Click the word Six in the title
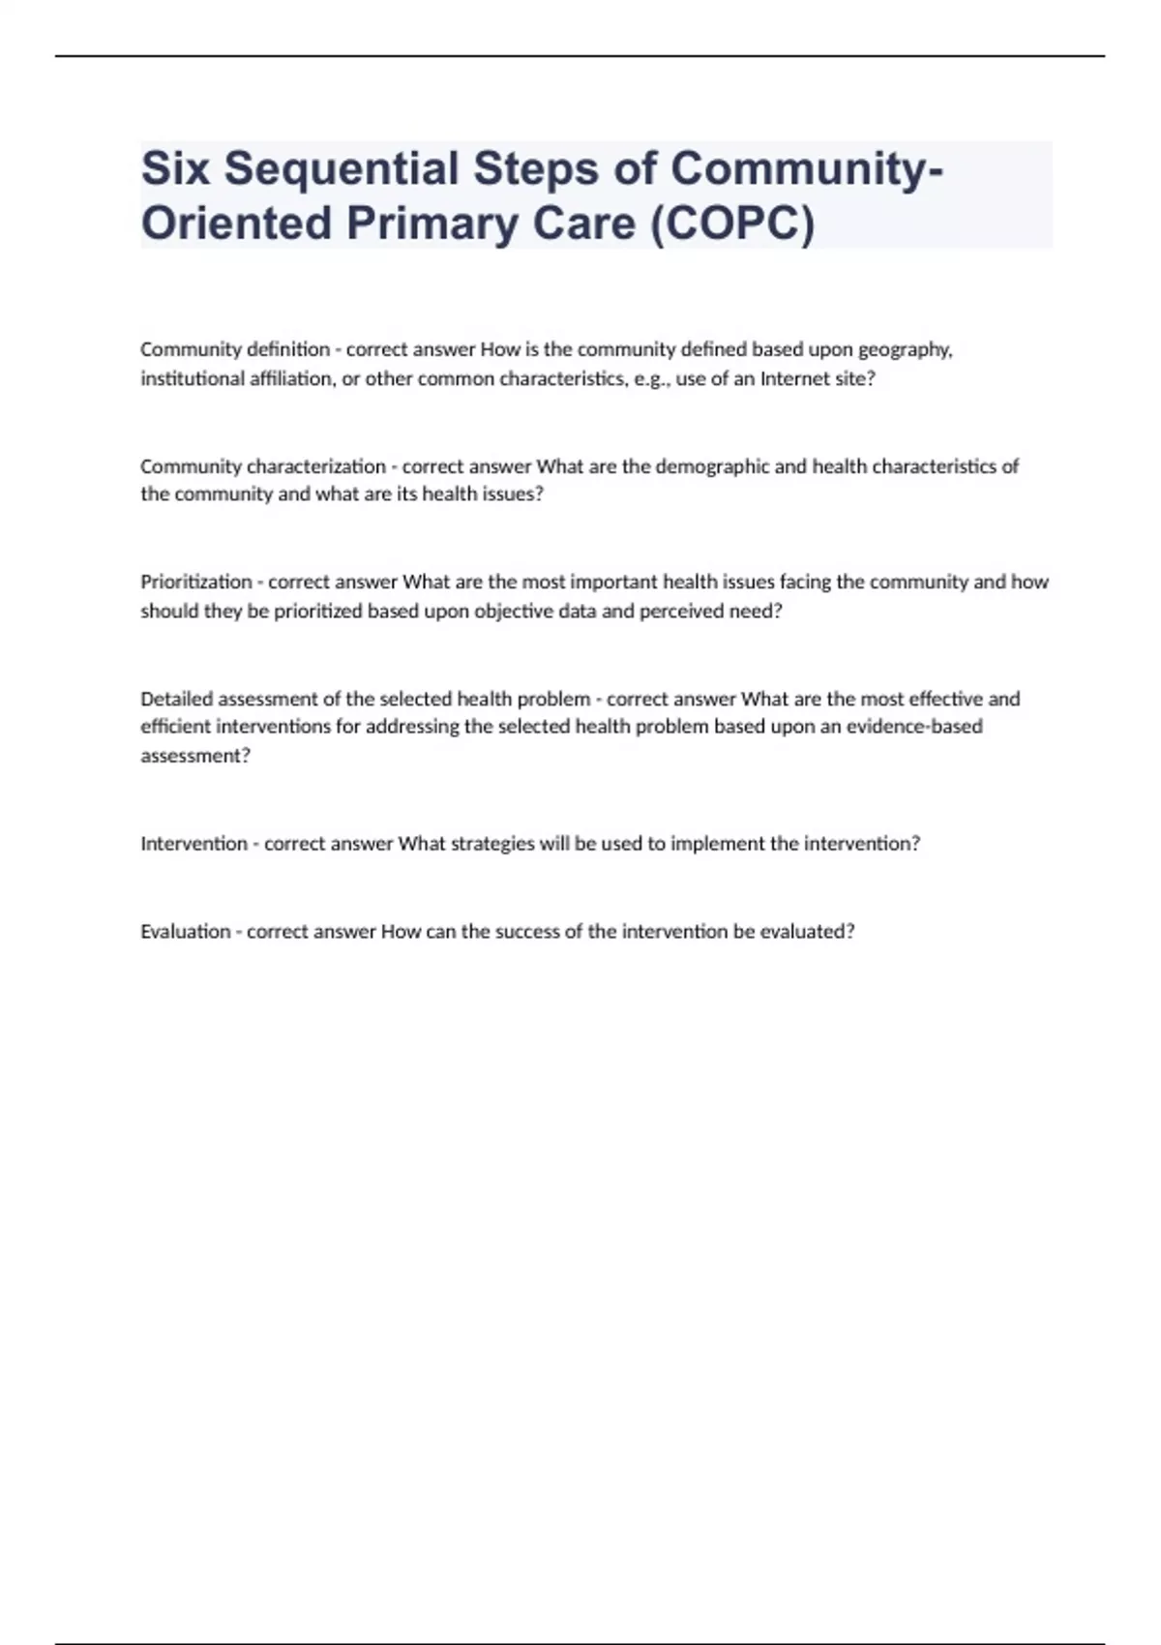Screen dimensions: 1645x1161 [x=176, y=168]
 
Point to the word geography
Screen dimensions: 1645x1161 [x=905, y=350]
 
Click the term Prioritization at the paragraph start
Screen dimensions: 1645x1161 [x=195, y=582]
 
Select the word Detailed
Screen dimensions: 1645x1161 [x=176, y=699]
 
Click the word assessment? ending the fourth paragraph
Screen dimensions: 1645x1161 [x=195, y=756]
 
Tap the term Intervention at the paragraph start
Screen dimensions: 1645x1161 [x=193, y=844]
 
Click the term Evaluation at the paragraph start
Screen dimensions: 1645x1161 [x=185, y=932]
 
